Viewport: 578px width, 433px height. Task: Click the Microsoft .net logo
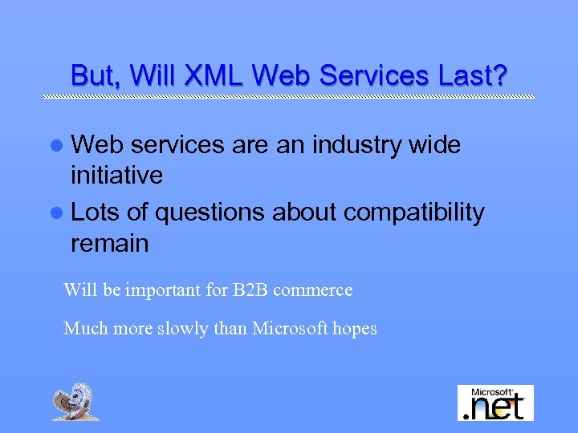pos(495,403)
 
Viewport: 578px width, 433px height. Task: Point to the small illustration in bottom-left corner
pos(75,402)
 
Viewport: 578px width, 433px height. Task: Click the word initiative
pos(116,175)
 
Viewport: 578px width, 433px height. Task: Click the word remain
pos(109,243)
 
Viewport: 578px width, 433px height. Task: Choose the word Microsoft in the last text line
pos(290,328)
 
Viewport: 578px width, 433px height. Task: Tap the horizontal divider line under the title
pos(289,96)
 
